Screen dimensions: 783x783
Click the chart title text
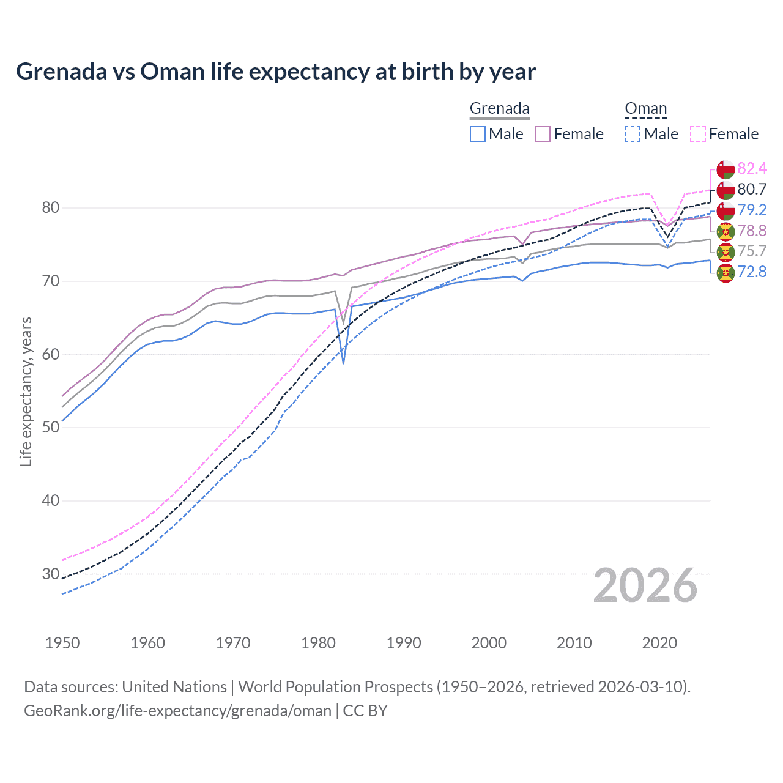[x=276, y=72]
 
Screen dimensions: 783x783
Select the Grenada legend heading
[x=499, y=108]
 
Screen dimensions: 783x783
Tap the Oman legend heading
[x=645, y=108]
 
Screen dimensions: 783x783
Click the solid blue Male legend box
[x=478, y=134]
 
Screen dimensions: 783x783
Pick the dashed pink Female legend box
[x=698, y=134]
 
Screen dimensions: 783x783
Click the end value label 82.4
[x=752, y=168]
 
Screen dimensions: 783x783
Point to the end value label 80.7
[x=752, y=189]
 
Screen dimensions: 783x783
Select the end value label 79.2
[x=752, y=210]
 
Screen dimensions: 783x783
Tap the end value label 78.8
[x=752, y=231]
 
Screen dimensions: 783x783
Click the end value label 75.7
[x=752, y=251]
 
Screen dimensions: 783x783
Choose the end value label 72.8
[x=752, y=272]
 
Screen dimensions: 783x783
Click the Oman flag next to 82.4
[x=725, y=169]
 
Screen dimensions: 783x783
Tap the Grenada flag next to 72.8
[x=725, y=273]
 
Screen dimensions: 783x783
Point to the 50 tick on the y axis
[x=51, y=427]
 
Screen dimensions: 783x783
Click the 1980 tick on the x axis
[x=318, y=643]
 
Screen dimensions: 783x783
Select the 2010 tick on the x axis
[x=574, y=643]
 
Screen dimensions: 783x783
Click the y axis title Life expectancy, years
[x=26, y=391]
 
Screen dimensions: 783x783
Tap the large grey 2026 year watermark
[x=645, y=585]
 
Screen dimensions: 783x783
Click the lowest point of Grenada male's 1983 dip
[x=343, y=364]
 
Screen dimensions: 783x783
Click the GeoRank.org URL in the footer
[x=177, y=711]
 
